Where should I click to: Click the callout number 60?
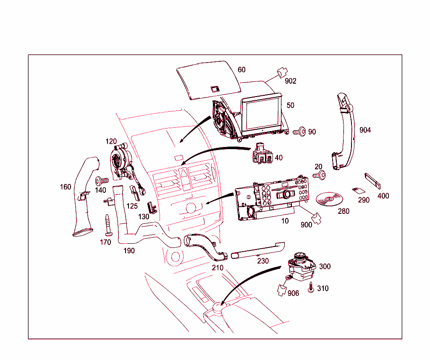pyautogui.click(x=241, y=70)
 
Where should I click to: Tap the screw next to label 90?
pyautogui.click(x=299, y=132)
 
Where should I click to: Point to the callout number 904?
pyautogui.click(x=365, y=130)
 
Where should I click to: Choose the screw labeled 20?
pyautogui.click(x=320, y=176)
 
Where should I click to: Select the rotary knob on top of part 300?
pyautogui.click(x=301, y=256)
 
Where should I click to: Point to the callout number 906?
pyautogui.click(x=293, y=293)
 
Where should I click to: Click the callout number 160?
pyautogui.click(x=66, y=187)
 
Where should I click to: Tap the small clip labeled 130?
pyautogui.click(x=151, y=208)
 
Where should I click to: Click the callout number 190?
pyautogui.click(x=128, y=251)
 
